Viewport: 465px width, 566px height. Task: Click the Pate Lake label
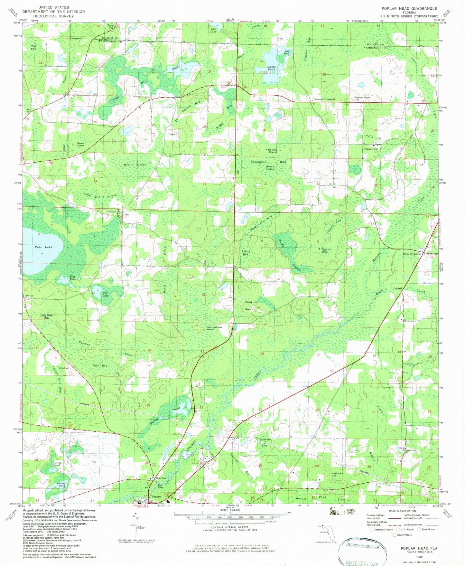[x=43, y=247]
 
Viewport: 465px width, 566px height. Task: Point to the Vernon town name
[x=156, y=496]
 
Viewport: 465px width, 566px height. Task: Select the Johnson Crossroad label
[x=323, y=99]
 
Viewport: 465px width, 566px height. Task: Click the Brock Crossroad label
[x=412, y=254]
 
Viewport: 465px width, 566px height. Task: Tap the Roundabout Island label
[x=213, y=328]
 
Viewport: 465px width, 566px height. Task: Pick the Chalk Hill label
[x=251, y=302]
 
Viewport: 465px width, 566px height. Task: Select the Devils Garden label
[x=135, y=165]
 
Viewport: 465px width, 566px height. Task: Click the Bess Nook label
[x=80, y=145]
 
